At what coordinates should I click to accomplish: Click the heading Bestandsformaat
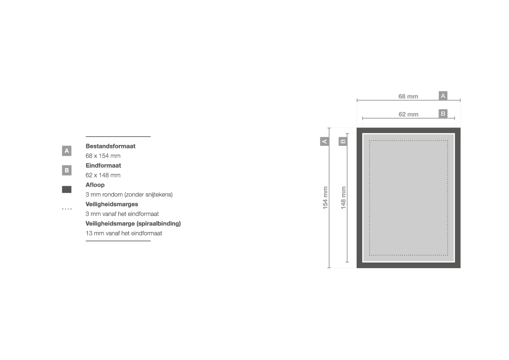(110, 146)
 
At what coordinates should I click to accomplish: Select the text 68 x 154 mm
(103, 156)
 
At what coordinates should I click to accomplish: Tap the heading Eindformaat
(103, 165)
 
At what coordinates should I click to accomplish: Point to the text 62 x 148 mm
(103, 175)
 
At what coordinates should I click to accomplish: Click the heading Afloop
(95, 185)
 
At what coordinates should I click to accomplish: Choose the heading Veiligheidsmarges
(111, 204)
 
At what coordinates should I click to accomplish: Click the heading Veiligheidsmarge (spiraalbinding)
(133, 224)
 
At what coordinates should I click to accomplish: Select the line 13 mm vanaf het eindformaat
(124, 233)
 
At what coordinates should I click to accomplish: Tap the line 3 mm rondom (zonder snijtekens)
(129, 195)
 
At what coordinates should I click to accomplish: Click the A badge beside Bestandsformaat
(67, 151)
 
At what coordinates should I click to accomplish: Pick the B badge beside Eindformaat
(67, 170)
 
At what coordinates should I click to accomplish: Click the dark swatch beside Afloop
(67, 189)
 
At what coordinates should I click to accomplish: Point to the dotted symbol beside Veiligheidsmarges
(67, 209)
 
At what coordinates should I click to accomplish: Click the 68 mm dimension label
(408, 96)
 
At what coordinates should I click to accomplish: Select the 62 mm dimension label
(408, 114)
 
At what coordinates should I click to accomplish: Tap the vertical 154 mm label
(325, 198)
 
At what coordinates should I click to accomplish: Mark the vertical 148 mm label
(344, 198)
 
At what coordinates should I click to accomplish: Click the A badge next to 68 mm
(443, 96)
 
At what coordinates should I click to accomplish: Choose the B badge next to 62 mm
(443, 114)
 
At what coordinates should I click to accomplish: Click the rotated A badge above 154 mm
(324, 141)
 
